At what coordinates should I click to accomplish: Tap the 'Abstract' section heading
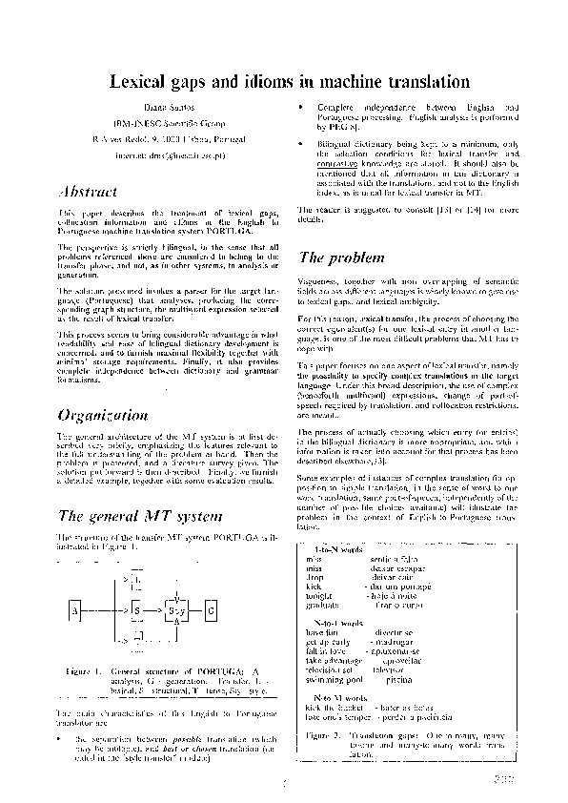(x=87, y=192)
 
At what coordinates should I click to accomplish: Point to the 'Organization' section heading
(x=103, y=415)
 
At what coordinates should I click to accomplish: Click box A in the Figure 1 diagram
(x=75, y=607)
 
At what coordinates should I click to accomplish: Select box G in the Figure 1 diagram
(x=211, y=607)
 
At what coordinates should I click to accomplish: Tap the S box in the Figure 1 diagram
(x=137, y=607)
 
